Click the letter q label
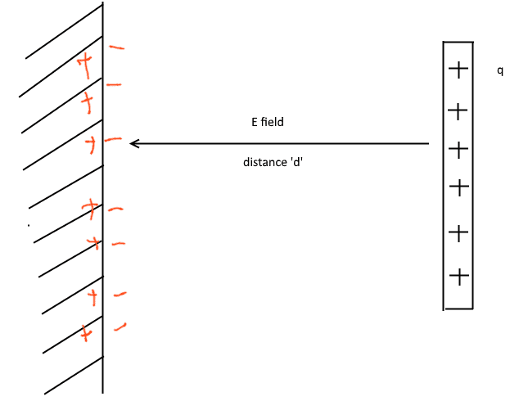tap(500, 71)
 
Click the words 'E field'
tap(267, 122)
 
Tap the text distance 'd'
tap(274, 162)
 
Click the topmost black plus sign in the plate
tap(459, 70)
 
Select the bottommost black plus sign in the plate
tap(459, 277)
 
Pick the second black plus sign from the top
tap(459, 110)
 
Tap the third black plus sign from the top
tap(459, 150)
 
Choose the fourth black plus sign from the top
tap(459, 188)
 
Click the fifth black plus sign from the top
tap(459, 233)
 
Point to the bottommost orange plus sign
tap(85, 333)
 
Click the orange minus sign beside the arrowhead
tap(114, 141)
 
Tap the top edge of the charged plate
tap(458, 41)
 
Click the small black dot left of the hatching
tap(29, 224)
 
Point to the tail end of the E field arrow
tap(428, 144)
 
